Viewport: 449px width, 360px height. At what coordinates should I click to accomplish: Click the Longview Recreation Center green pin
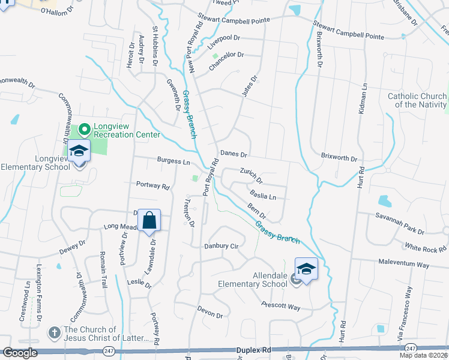pyautogui.click(x=85, y=129)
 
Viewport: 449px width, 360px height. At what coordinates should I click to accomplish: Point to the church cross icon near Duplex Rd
pyautogui.click(x=54, y=332)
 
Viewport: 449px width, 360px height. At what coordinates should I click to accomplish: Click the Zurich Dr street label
pyautogui.click(x=252, y=175)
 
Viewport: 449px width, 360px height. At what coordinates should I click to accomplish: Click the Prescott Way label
pyautogui.click(x=280, y=306)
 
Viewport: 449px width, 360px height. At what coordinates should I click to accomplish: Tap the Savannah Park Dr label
pyautogui.click(x=400, y=223)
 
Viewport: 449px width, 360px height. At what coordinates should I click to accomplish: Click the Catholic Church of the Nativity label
pyautogui.click(x=417, y=100)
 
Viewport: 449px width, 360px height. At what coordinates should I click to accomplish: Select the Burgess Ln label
pyautogui.click(x=173, y=161)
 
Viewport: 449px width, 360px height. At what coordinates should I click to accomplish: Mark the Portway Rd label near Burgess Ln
pyautogui.click(x=152, y=185)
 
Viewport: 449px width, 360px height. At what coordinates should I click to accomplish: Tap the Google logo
pyautogui.click(x=20, y=353)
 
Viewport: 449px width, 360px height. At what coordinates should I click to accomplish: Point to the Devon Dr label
pyautogui.click(x=210, y=311)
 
